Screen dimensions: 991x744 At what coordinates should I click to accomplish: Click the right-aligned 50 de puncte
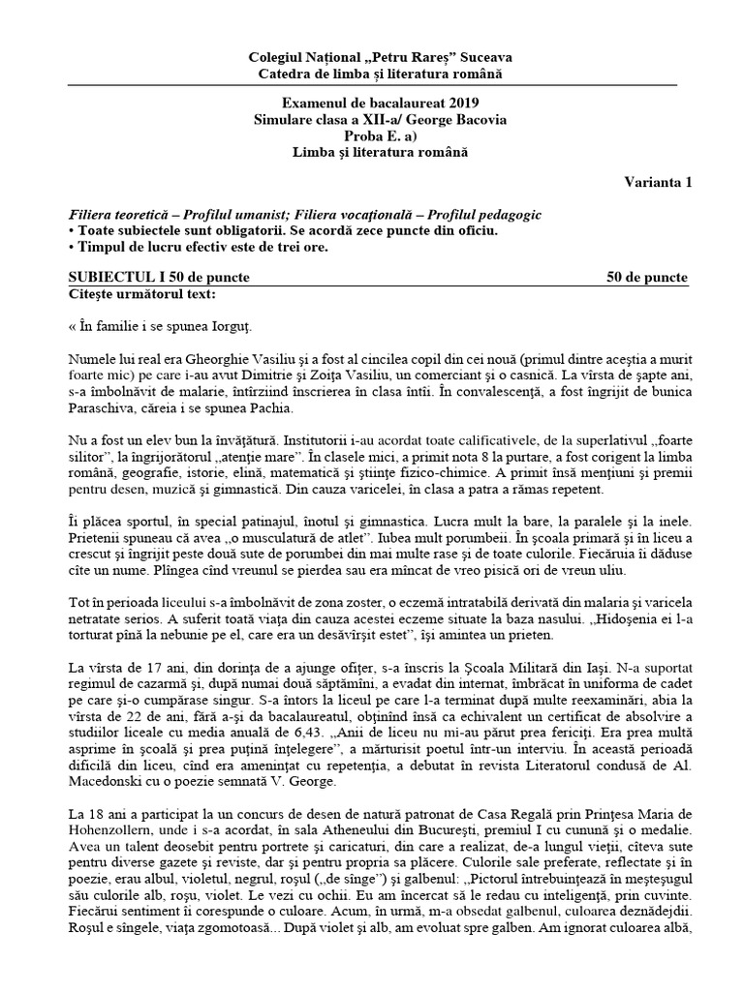tap(647, 278)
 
